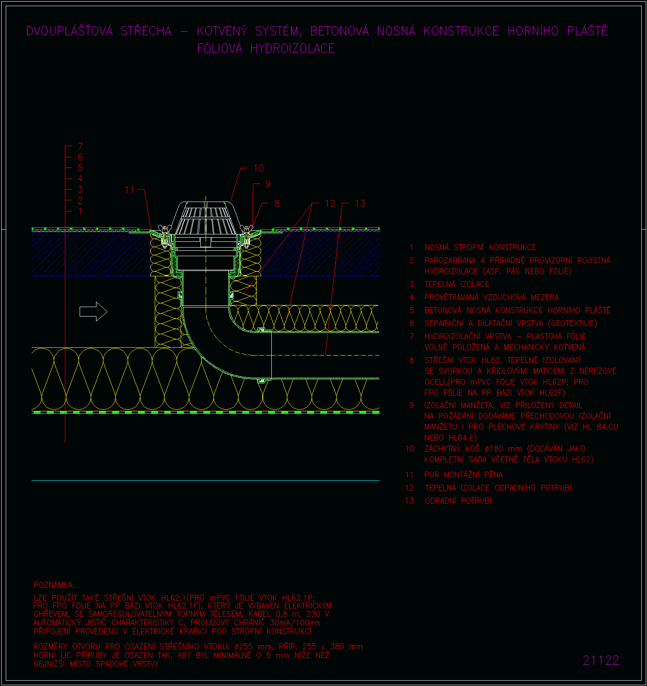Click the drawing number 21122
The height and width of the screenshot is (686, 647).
601,660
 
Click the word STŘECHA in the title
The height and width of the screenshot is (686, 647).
146,31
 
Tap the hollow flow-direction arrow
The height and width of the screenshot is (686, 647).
93,312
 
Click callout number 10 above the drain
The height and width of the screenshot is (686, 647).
259,168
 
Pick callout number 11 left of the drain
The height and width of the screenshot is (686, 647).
129,190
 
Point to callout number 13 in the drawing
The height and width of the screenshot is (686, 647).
360,204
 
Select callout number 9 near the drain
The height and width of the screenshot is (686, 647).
268,184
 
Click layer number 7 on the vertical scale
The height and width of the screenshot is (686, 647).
80,146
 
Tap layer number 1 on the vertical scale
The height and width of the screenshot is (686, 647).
80,211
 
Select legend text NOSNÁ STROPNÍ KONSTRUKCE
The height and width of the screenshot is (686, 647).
480,248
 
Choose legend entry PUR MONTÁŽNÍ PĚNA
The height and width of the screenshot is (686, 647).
463,475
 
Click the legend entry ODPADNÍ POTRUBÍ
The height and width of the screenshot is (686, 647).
458,501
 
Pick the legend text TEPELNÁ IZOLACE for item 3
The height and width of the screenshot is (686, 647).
457,284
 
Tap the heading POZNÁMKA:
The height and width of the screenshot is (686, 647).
54,585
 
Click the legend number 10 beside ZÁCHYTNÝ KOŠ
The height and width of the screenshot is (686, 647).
410,449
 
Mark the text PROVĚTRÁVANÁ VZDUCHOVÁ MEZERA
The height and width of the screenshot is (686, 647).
492,297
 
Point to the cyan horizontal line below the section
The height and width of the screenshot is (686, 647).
206,480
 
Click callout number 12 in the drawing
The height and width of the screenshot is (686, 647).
330,204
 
